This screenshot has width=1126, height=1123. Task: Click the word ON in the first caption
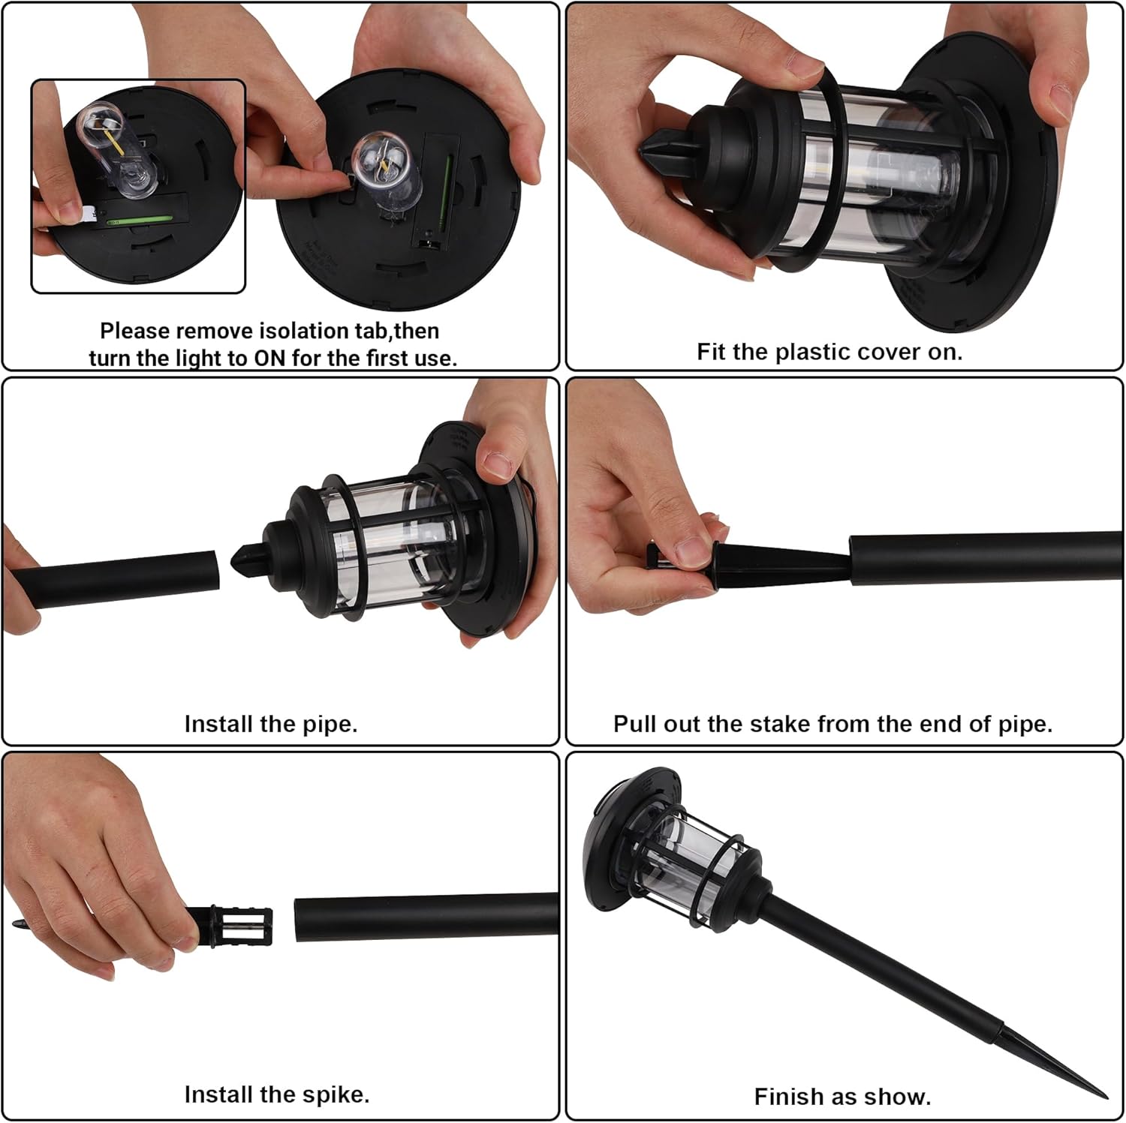click(x=269, y=358)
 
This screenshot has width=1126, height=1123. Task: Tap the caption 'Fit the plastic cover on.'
click(x=829, y=352)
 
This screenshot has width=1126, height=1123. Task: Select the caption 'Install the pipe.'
click(x=271, y=724)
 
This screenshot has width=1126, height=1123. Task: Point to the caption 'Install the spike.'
click(x=277, y=1094)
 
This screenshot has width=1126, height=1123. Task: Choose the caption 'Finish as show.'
click(x=842, y=1097)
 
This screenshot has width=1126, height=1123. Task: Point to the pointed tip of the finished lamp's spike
click(x=1104, y=1096)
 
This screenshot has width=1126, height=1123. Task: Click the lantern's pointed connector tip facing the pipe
click(x=238, y=561)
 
